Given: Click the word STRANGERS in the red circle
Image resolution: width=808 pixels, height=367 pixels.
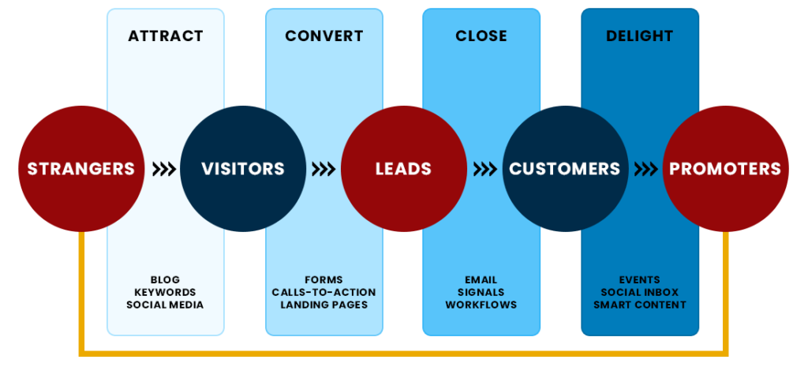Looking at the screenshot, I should pos(80,169).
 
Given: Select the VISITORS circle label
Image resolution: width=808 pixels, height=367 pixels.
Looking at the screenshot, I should pos(242,169).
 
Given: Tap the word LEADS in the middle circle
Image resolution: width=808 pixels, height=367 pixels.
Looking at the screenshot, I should pos(403,169).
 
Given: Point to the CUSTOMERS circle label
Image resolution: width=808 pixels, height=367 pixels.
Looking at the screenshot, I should pos(564,169).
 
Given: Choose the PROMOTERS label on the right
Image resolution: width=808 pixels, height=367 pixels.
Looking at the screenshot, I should pos(725,169).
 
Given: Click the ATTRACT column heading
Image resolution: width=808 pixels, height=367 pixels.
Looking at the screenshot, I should pos(166,36).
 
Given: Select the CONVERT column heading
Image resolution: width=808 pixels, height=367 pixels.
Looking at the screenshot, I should pos(324,36).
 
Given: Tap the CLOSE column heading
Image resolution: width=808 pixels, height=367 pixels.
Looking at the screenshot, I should pos(481,36).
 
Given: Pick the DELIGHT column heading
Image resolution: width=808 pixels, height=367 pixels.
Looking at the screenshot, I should pos(640,36).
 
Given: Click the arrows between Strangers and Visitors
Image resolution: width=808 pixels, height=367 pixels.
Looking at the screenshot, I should pos(163,169).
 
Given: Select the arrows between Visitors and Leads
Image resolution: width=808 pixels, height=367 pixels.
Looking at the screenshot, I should pos(324,169).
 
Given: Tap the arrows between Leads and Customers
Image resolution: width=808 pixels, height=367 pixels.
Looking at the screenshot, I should pos(484,169).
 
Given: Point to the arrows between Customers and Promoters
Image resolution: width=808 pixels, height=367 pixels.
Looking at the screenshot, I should pos(645,169).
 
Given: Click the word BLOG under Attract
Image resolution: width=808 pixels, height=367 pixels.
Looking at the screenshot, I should pos(165,280).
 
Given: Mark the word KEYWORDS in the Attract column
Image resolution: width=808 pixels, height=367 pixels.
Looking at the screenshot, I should pos(165,292).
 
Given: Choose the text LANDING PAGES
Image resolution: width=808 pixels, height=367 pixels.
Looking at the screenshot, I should pos(324,305).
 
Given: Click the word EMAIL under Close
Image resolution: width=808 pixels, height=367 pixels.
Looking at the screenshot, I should pos(481,280).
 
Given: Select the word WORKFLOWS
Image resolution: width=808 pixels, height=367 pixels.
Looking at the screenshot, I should pos(481,305).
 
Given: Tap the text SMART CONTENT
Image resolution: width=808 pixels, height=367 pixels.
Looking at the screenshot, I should pos(640,305).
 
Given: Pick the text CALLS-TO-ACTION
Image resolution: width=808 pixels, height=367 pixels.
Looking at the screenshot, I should pos(324,292).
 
